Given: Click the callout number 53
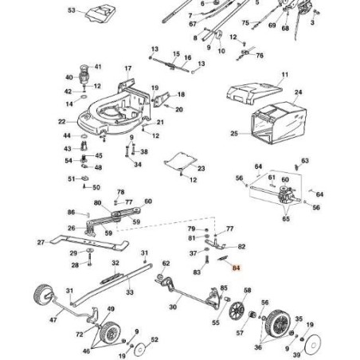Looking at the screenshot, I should point(72,11).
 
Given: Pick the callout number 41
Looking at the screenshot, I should point(97,67).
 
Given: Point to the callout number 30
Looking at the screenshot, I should point(173,307).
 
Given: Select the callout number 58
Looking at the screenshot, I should point(247,292).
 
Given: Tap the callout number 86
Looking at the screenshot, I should point(71,213).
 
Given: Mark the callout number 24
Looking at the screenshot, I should point(298,92).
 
